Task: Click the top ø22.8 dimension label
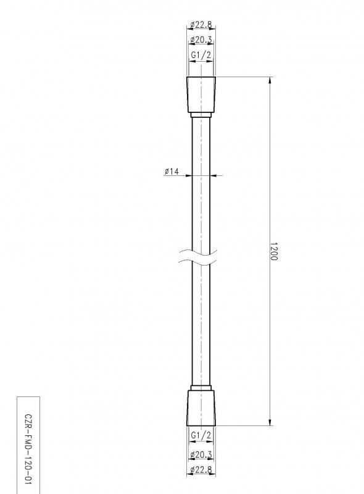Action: pos(201,25)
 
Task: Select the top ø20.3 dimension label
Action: pos(201,40)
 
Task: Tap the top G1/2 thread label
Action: pos(201,55)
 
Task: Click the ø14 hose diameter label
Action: pos(172,171)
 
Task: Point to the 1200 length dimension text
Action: pos(274,251)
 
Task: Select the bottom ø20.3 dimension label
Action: pos(201,454)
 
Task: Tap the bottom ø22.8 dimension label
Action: pos(201,471)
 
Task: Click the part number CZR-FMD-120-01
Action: pos(28,444)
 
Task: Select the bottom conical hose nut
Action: pos(201,407)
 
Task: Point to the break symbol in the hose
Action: pos(201,257)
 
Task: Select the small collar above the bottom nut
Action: pos(201,387)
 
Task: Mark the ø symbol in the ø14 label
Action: pos(167,171)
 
